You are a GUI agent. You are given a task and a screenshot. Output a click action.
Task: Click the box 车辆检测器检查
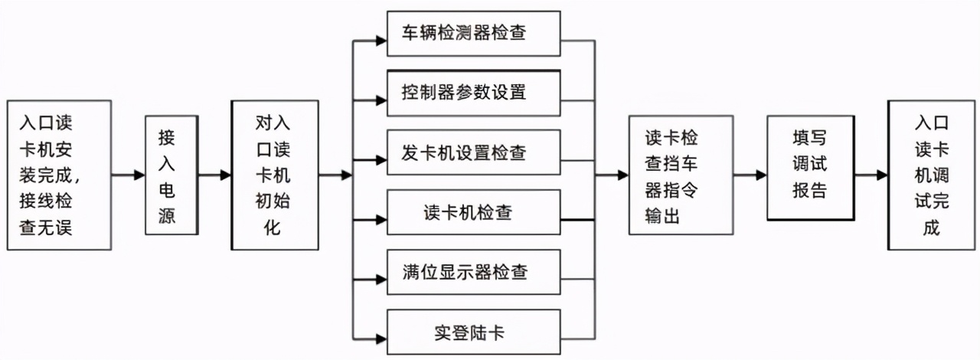tap(474, 33)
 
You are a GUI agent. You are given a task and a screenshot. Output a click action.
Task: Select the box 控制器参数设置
tap(474, 93)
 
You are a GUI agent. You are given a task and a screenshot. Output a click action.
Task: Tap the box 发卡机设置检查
tap(474, 152)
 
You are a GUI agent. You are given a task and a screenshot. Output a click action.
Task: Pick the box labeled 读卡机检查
tap(474, 212)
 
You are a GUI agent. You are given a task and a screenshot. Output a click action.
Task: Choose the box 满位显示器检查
tap(474, 272)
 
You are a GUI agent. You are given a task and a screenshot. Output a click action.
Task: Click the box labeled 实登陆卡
tap(474, 334)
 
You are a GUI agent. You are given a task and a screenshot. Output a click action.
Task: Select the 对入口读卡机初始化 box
tap(275, 175)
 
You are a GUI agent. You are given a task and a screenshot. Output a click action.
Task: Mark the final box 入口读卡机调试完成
tap(931, 175)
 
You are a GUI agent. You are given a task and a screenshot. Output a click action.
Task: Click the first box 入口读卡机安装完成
tap(58, 175)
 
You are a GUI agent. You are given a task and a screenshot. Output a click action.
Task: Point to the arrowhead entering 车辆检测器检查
tap(381, 40)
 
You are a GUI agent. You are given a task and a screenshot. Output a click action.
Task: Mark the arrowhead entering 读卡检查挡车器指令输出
tap(622, 175)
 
